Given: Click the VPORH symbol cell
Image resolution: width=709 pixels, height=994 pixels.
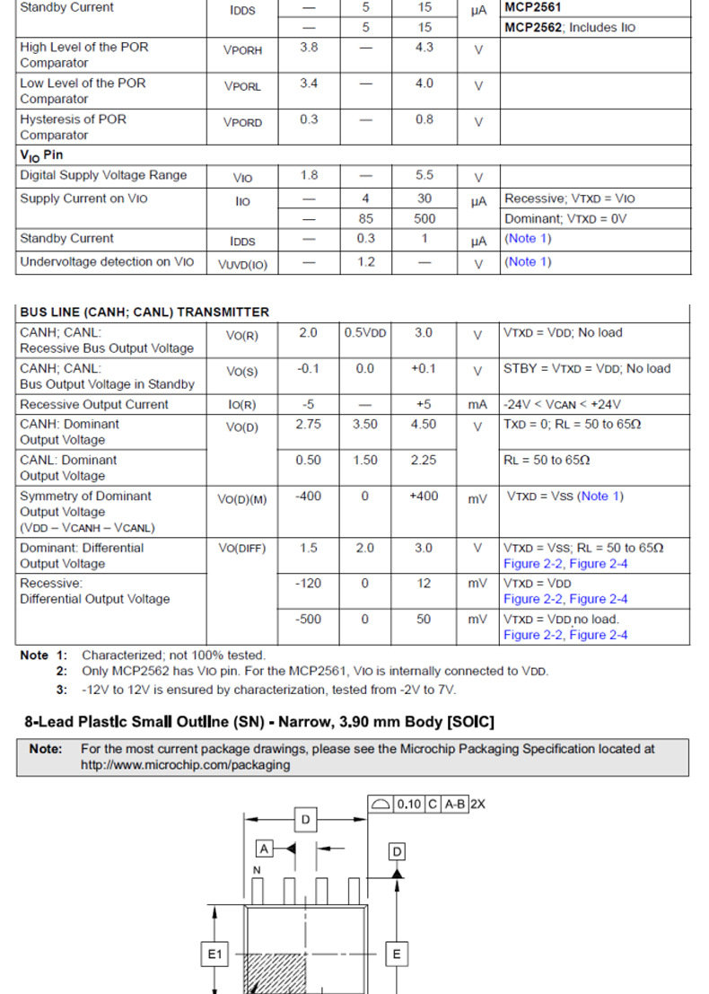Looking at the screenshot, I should click(242, 50).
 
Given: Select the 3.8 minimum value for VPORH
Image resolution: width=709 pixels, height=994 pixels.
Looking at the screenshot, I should click(309, 48).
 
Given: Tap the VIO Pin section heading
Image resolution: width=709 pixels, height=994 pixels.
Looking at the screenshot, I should click(41, 155).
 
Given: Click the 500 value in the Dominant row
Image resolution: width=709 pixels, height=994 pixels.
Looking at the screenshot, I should click(425, 218).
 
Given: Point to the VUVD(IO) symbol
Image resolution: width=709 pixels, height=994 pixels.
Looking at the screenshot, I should click(242, 263).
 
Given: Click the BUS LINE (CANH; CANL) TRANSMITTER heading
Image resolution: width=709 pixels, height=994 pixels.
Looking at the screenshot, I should click(144, 312).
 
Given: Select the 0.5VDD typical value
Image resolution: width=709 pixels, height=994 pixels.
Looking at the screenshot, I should click(365, 333).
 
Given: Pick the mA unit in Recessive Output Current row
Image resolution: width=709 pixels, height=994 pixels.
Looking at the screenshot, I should click(477, 405).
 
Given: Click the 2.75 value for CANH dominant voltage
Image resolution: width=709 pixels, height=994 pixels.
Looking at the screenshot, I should click(309, 425).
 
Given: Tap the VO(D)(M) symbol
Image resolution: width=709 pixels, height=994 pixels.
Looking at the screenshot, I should click(242, 499).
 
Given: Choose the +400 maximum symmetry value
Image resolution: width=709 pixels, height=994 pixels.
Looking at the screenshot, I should click(424, 497).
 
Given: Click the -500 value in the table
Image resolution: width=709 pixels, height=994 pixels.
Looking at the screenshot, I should click(309, 620).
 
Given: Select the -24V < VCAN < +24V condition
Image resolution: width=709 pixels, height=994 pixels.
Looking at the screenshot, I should click(562, 405).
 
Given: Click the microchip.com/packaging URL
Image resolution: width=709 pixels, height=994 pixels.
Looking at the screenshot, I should click(185, 765).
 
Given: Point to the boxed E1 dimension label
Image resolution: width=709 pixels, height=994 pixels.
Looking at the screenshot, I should click(214, 954).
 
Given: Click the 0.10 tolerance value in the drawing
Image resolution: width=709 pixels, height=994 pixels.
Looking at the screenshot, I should click(409, 805).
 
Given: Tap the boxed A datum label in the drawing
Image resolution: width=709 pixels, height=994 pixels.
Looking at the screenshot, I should click(265, 848).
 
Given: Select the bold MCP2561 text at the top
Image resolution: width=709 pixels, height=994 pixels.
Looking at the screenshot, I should click(533, 7).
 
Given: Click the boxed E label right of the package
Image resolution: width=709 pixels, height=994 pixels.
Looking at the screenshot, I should click(397, 954).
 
